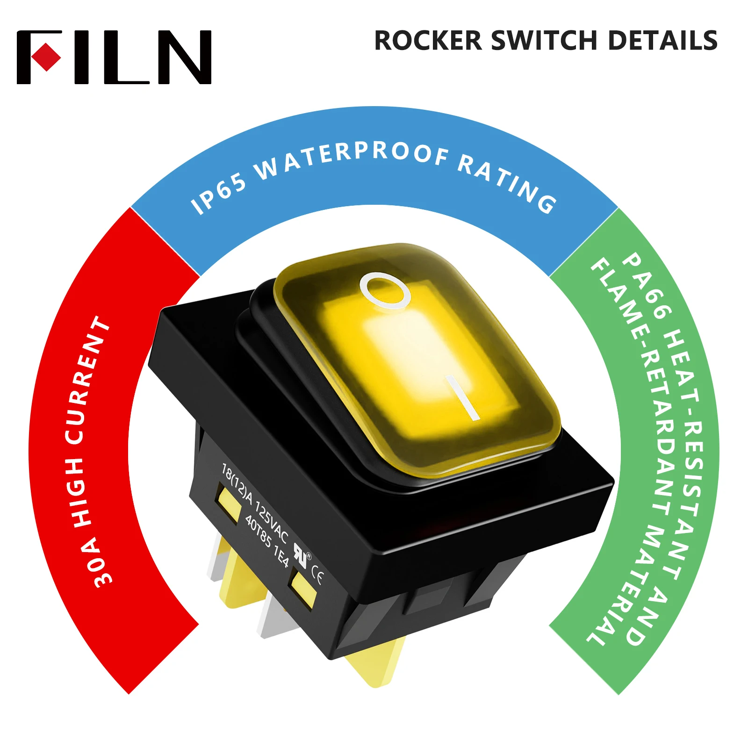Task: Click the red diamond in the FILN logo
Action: (46, 57)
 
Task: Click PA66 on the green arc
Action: (647, 286)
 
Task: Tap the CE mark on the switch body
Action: (316, 578)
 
